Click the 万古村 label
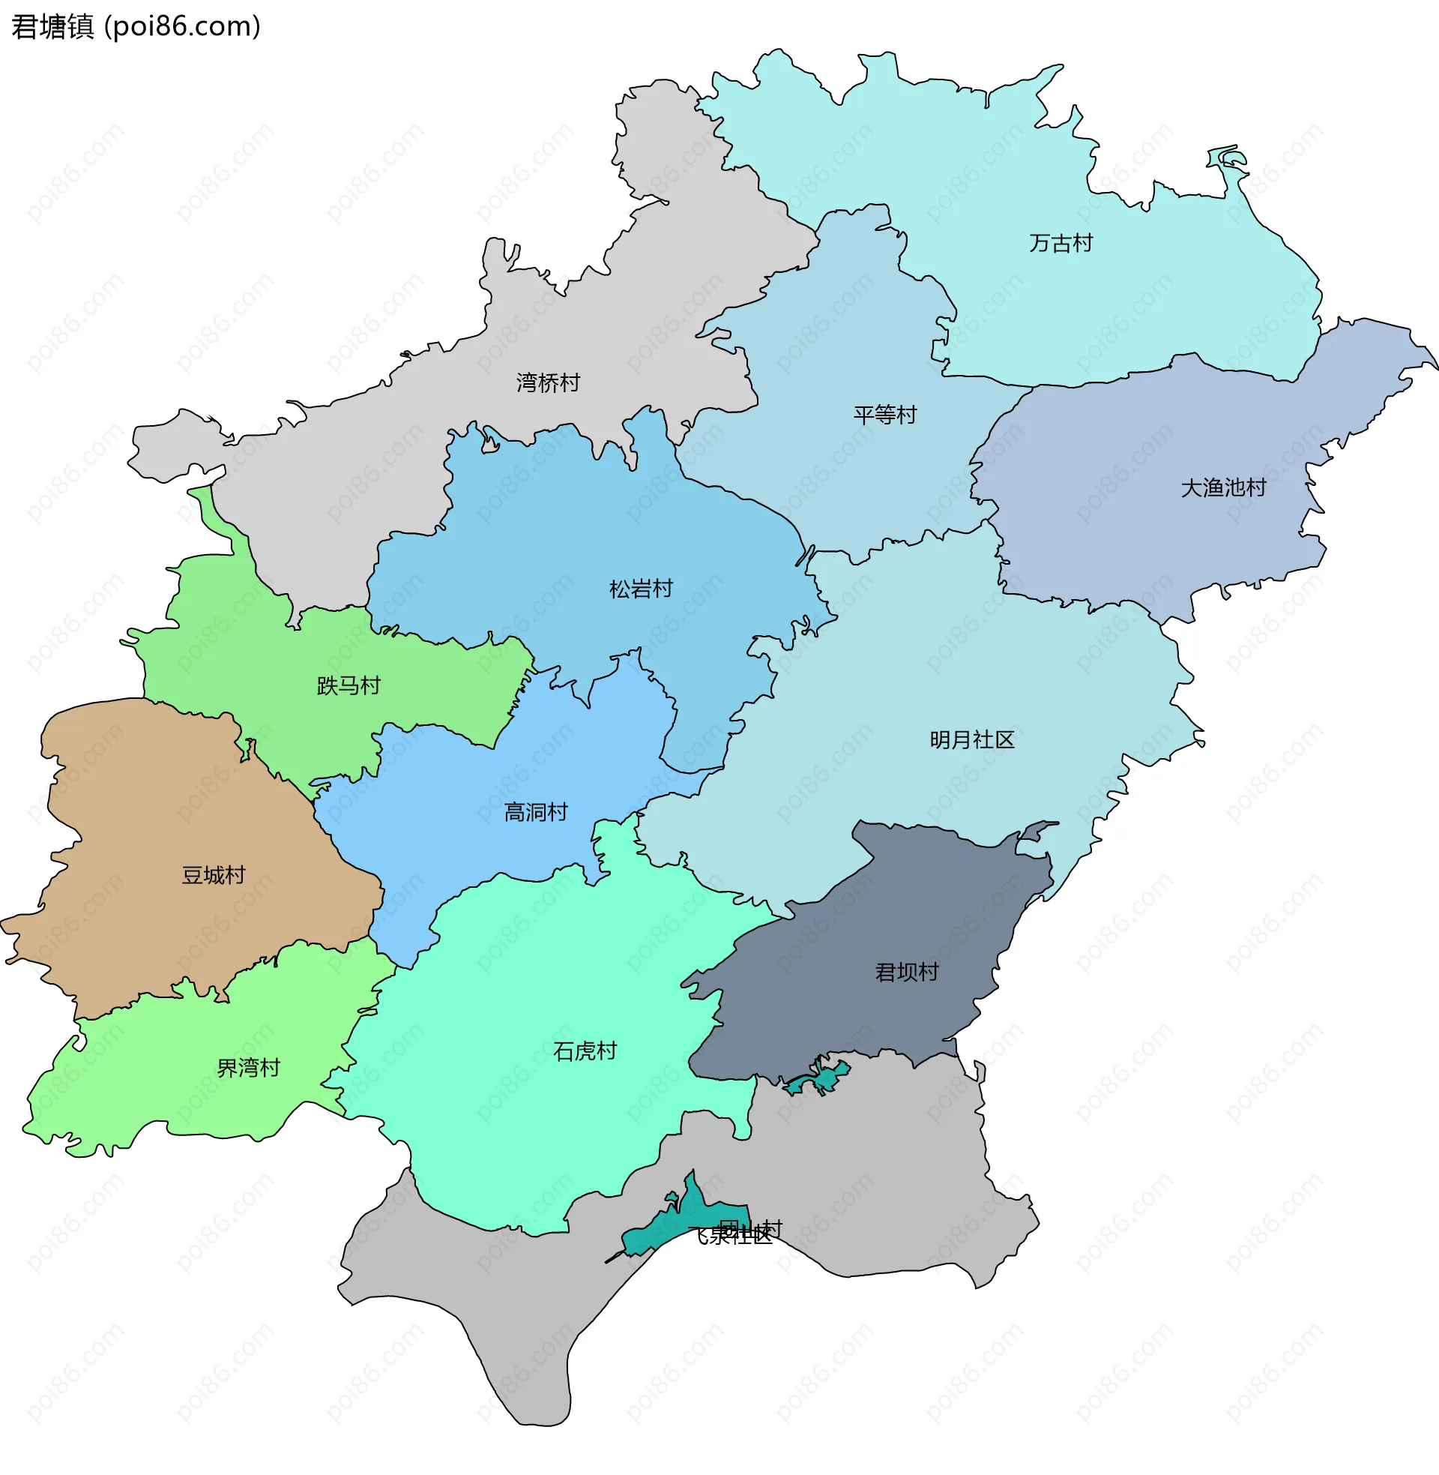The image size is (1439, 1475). pyautogui.click(x=1061, y=244)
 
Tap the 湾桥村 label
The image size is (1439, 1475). pyautogui.click(x=548, y=383)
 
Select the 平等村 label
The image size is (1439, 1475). pyautogui.click(x=884, y=415)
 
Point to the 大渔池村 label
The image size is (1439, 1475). pyautogui.click(x=1223, y=488)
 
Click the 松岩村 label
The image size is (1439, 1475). pyautogui.click(x=641, y=589)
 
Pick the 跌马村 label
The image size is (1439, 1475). pyautogui.click(x=349, y=686)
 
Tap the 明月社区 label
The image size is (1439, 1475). pyautogui.click(x=972, y=740)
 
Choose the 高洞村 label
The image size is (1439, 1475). pyautogui.click(x=536, y=813)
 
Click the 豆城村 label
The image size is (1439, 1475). pyautogui.click(x=213, y=875)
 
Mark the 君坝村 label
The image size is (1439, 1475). pyautogui.click(x=906, y=973)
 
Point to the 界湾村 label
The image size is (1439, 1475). pyautogui.click(x=248, y=1069)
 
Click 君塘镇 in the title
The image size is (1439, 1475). pyautogui.click(x=52, y=26)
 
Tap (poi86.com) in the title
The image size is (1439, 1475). pyautogui.click(x=182, y=26)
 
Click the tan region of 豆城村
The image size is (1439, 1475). pyautogui.click(x=151, y=817)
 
